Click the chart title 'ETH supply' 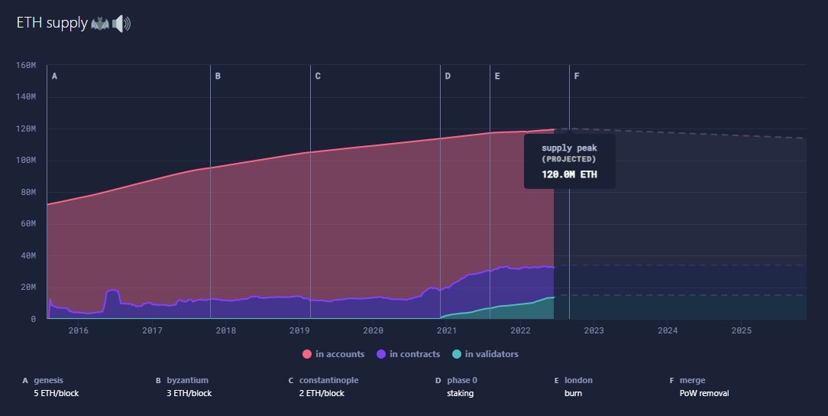click(x=52, y=23)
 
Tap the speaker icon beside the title click(x=121, y=24)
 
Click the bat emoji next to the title click(x=100, y=24)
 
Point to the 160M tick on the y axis click(x=26, y=65)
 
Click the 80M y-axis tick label click(x=26, y=192)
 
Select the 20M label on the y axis click(x=26, y=287)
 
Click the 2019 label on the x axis click(x=299, y=330)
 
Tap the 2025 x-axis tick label click(x=742, y=330)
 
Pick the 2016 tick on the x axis click(x=78, y=330)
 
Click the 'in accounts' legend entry click(x=334, y=354)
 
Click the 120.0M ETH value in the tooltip click(x=569, y=174)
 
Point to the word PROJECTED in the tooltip click(x=569, y=159)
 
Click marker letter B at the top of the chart click(x=218, y=76)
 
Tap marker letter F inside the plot click(x=577, y=76)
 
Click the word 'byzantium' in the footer click(x=187, y=380)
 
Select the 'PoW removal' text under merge click(x=704, y=393)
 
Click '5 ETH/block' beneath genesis click(x=57, y=393)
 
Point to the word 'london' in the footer click(x=578, y=380)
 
